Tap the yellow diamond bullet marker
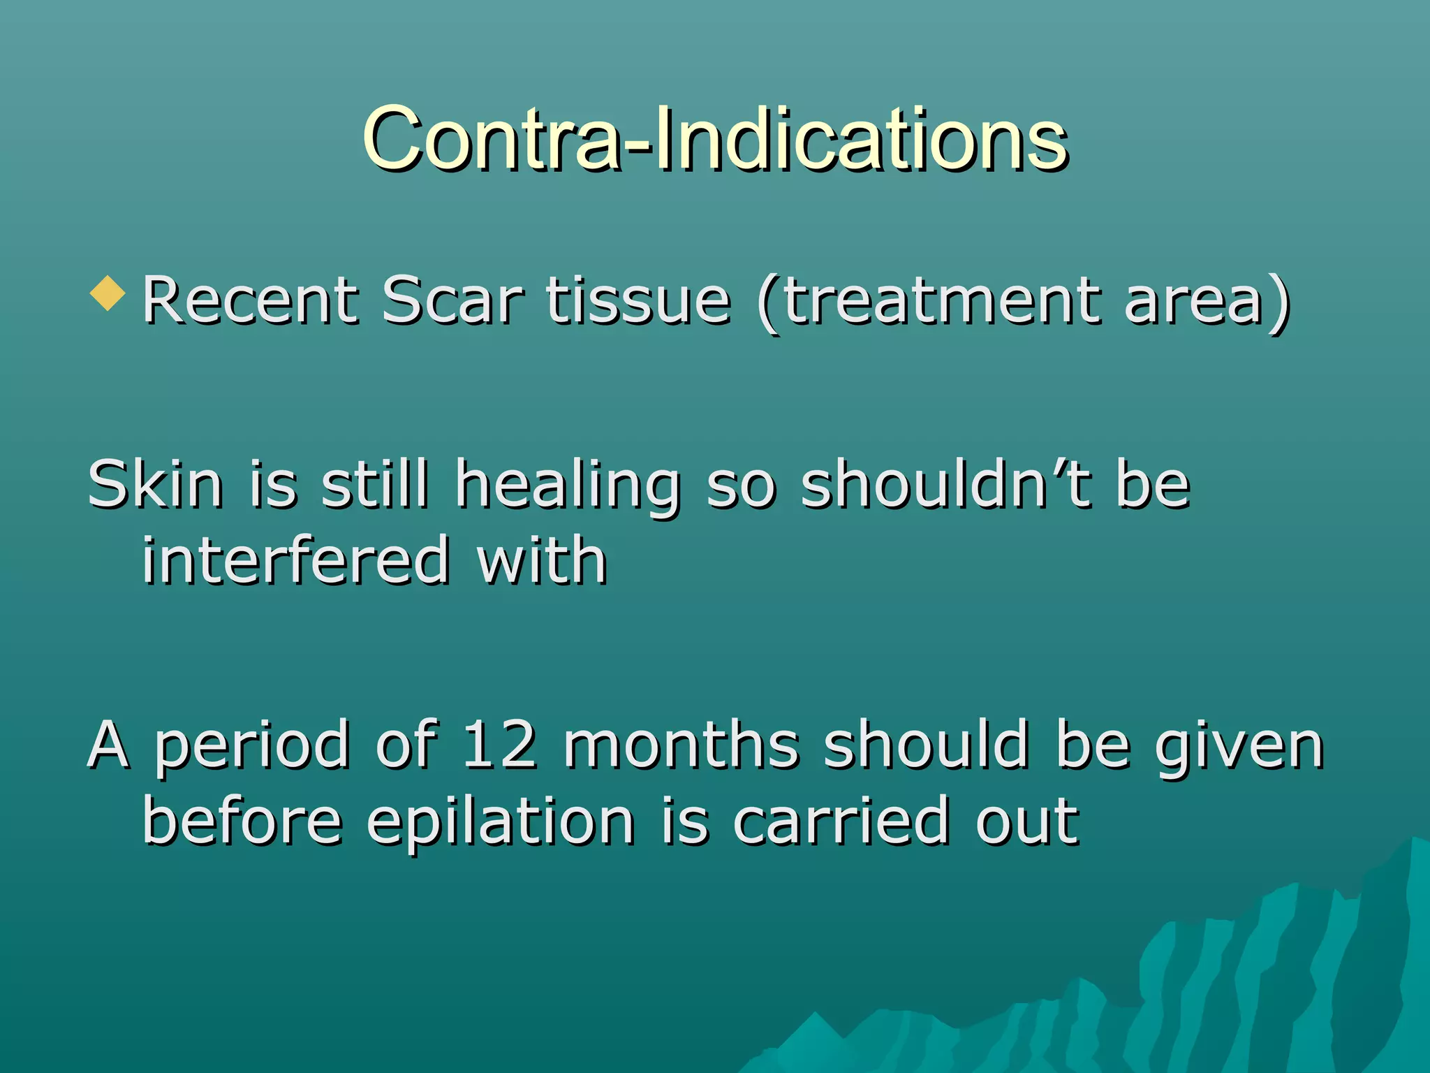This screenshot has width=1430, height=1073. click(108, 293)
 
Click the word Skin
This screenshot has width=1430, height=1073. click(155, 484)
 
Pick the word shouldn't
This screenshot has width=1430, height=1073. click(945, 484)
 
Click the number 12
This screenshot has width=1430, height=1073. click(500, 745)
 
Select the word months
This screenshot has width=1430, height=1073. click(681, 745)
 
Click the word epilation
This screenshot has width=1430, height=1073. click(501, 823)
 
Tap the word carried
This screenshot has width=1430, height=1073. click(841, 822)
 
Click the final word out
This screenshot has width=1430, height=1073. click(1027, 822)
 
